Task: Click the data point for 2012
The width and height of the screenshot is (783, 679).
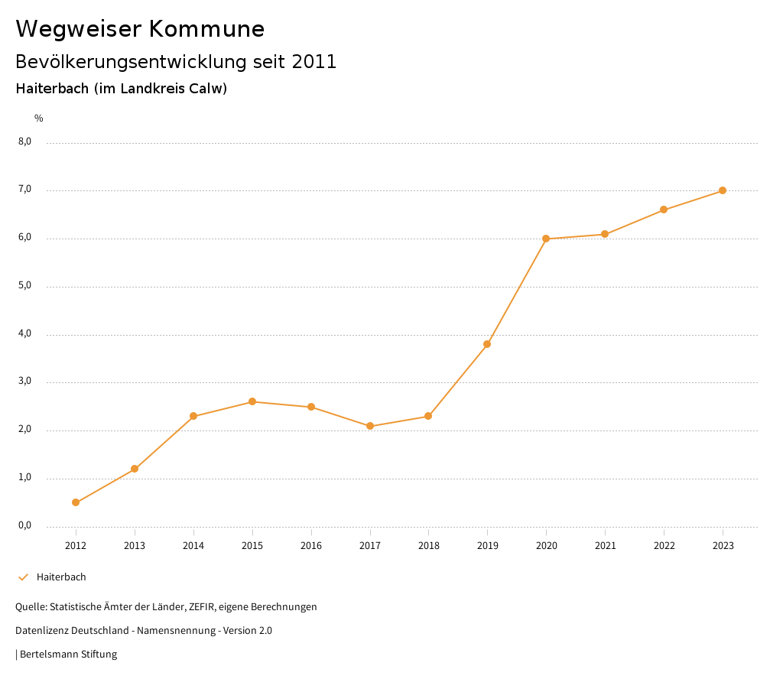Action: pyautogui.click(x=76, y=502)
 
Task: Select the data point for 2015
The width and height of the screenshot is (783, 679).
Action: pyautogui.click(x=252, y=401)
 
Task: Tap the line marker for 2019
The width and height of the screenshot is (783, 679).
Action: pyautogui.click(x=487, y=344)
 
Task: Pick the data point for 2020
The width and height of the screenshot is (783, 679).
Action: pyautogui.click(x=546, y=239)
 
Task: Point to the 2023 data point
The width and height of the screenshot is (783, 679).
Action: pyautogui.click(x=723, y=190)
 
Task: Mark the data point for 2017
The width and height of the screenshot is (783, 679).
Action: pyautogui.click(x=370, y=426)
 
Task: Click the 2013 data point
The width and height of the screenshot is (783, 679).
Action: pyautogui.click(x=135, y=469)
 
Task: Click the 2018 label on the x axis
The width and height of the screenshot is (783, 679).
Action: pyautogui.click(x=429, y=546)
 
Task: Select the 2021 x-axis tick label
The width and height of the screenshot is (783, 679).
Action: pyautogui.click(x=605, y=546)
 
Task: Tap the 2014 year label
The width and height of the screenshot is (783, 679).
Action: pyautogui.click(x=193, y=546)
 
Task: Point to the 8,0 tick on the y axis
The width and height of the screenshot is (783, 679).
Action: pyautogui.click(x=24, y=141)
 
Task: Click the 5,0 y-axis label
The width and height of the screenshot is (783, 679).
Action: pyautogui.click(x=24, y=286)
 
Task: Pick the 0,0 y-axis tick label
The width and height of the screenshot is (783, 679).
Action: pyautogui.click(x=24, y=526)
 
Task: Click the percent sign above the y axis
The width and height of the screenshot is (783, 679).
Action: pyautogui.click(x=39, y=119)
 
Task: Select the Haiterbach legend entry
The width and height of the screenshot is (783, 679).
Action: pyautogui.click(x=61, y=577)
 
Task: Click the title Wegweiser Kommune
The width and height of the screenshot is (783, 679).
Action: pyautogui.click(x=140, y=29)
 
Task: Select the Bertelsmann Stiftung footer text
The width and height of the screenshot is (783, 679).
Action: pyautogui.click(x=68, y=655)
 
